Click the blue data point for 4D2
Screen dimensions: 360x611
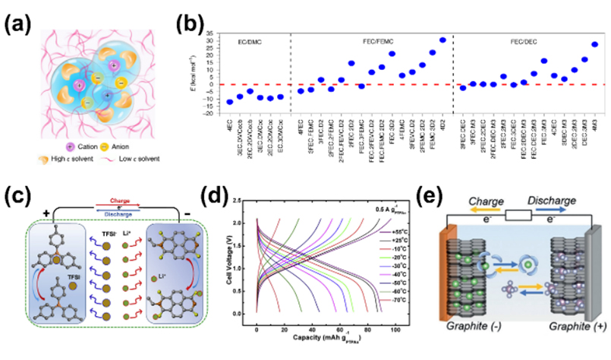443,39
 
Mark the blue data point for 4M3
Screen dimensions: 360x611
594,44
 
